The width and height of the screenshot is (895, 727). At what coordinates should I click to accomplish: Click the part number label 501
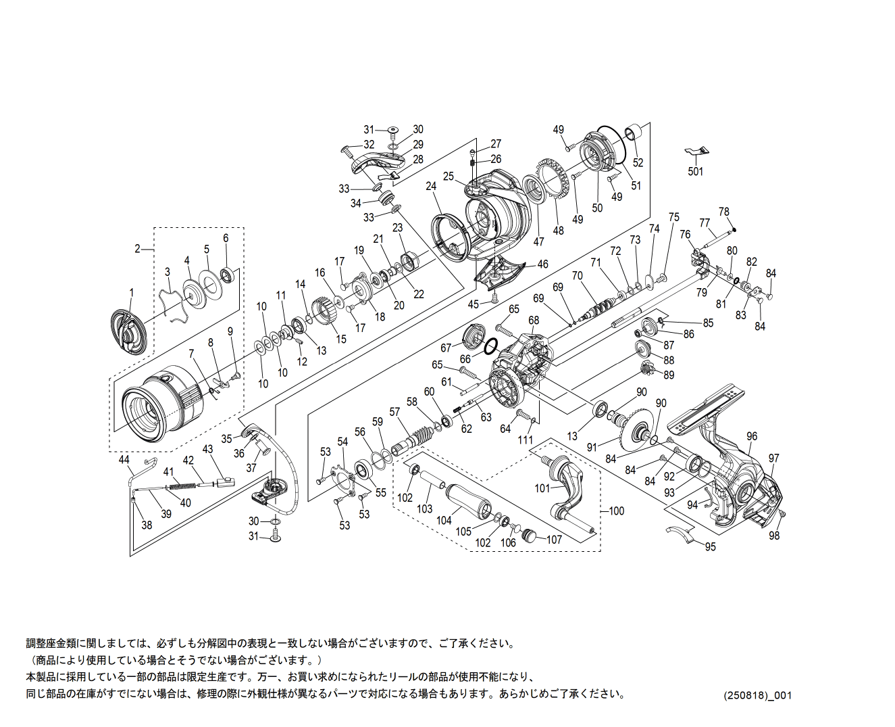coord(695,172)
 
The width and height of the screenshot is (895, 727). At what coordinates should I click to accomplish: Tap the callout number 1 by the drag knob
coord(132,293)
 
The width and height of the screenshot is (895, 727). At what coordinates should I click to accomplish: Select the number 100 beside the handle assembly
coord(616,511)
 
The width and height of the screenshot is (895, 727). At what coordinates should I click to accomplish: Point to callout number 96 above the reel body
coord(752,437)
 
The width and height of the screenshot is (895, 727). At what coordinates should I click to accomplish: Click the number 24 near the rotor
coord(431,187)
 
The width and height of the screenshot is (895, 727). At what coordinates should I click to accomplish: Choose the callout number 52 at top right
coord(638,163)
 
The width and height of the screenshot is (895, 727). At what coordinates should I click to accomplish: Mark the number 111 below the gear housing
coord(526,440)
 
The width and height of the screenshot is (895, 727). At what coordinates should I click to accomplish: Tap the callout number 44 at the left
coord(124,461)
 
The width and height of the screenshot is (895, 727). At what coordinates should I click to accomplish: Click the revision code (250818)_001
coord(757,695)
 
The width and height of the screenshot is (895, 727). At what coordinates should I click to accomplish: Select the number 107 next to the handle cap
coord(554,540)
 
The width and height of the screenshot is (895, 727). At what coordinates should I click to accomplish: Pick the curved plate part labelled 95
coord(682,534)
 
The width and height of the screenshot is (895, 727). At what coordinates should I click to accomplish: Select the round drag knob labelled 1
coord(129,333)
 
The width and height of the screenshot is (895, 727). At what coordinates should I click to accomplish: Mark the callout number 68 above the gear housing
coord(534,321)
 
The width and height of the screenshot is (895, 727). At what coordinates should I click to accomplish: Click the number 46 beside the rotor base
coord(542,264)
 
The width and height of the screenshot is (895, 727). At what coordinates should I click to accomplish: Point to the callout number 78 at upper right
coord(724,212)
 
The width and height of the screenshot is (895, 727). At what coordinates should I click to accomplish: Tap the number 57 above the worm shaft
coord(394,412)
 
